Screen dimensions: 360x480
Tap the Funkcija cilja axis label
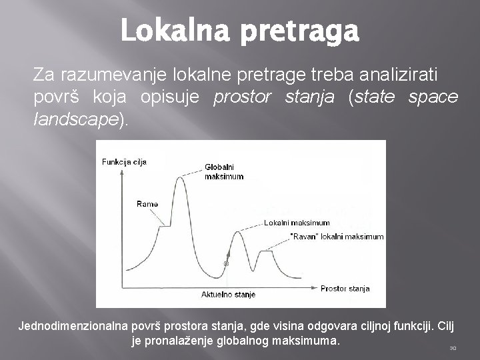pyautogui.click(x=124, y=162)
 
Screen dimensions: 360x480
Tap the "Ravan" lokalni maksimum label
pyautogui.click(x=337, y=236)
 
